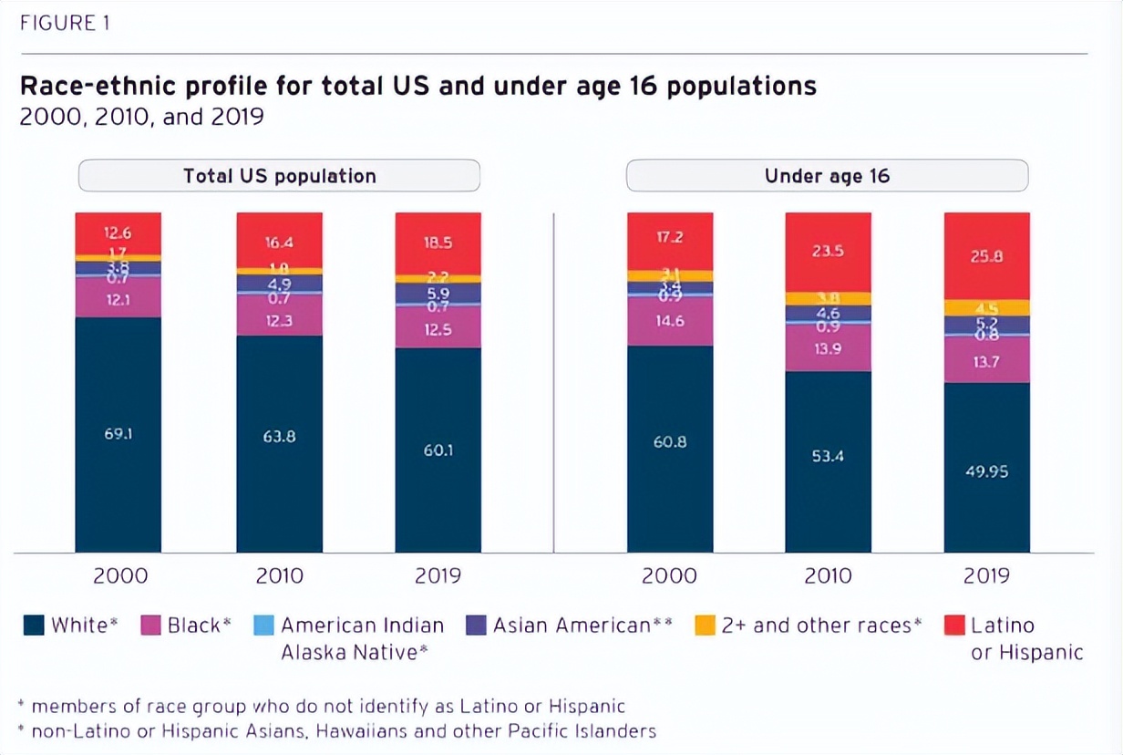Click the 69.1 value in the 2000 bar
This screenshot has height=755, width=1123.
point(118,434)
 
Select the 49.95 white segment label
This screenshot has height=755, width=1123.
point(987,471)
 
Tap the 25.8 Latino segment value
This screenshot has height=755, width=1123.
point(987,256)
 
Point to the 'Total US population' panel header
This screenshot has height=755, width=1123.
point(279,176)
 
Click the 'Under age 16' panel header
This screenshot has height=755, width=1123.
point(827,176)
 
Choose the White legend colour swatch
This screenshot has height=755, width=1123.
point(34,626)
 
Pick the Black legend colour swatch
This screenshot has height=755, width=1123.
point(151,626)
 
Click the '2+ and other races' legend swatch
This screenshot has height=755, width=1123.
point(705,626)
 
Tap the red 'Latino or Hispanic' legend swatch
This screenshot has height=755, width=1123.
point(954,626)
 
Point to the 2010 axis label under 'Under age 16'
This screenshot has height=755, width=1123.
point(828,576)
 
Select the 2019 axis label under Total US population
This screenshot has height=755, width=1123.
point(438,576)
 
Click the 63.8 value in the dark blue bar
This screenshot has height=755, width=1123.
point(279,436)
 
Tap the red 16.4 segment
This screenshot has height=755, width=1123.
point(279,243)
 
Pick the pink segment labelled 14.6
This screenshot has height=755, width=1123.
point(670,321)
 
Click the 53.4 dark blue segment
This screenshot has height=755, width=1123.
point(828,456)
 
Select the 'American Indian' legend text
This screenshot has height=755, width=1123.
point(362,626)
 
